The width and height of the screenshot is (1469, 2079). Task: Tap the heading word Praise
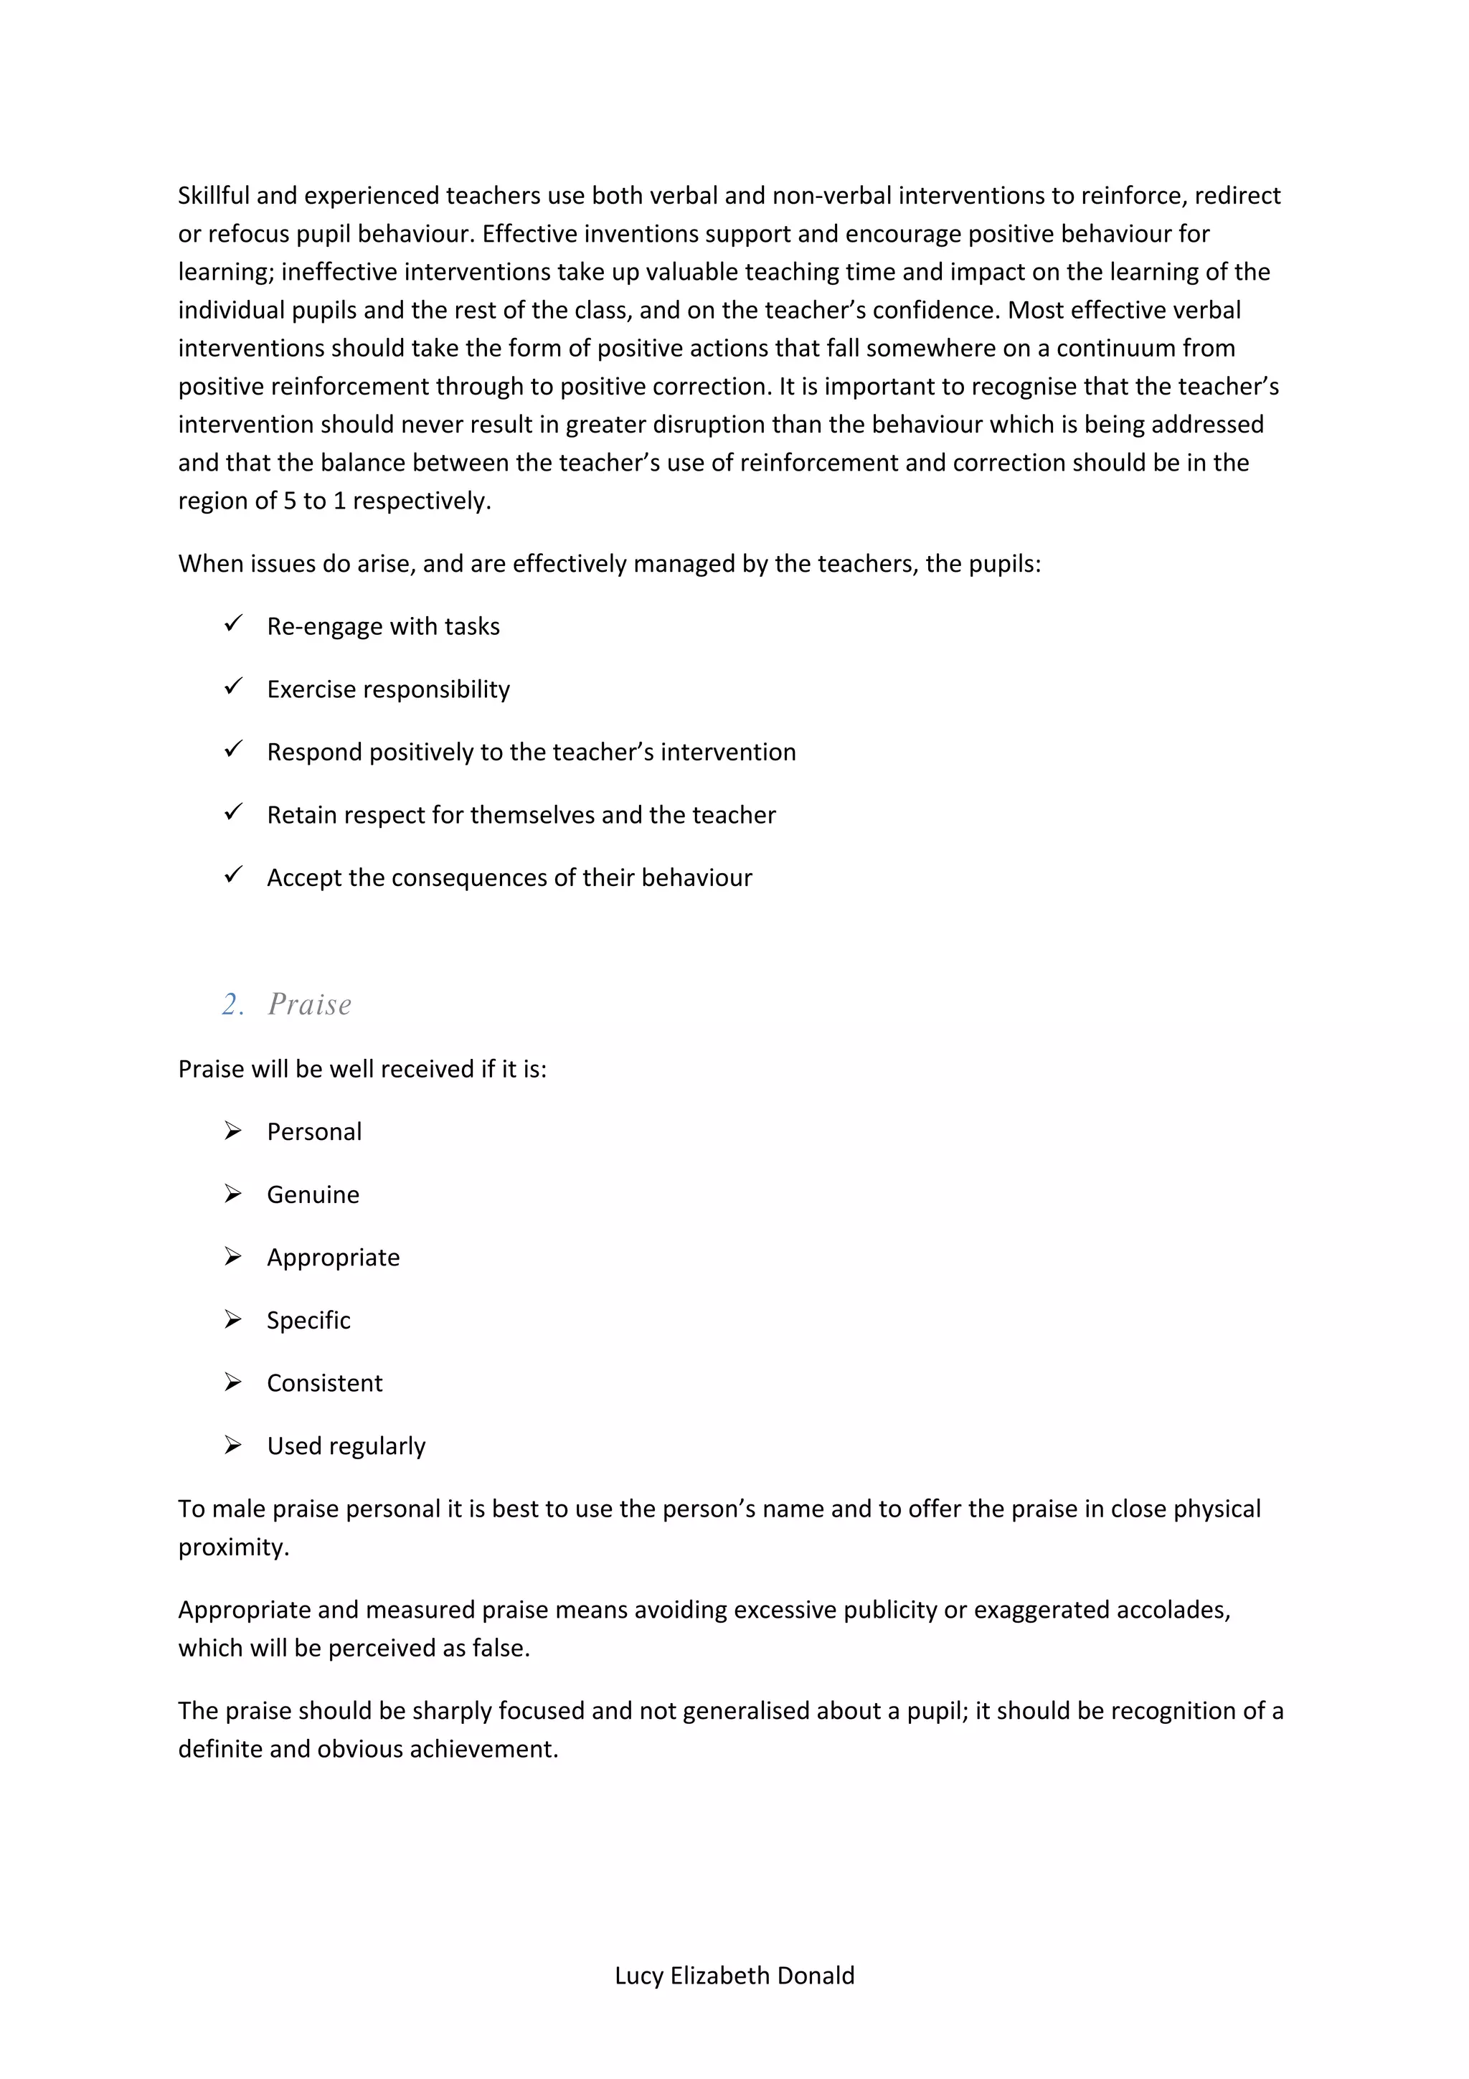pos(310,1004)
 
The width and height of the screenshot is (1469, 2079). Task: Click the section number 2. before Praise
pos(232,1004)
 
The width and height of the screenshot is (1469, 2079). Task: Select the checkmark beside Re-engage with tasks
pos(234,624)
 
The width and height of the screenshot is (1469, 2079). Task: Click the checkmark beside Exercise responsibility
pos(234,687)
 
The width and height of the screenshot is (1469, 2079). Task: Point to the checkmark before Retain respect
pos(234,812)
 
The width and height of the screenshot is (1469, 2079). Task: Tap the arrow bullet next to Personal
pos(234,1131)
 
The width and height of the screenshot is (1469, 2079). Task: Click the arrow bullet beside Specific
pos(234,1319)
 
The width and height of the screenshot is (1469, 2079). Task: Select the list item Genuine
pos(313,1194)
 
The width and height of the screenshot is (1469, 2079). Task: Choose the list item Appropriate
pos(333,1257)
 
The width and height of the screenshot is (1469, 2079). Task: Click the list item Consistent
pos(324,1382)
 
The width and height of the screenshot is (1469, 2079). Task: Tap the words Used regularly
pos(346,1446)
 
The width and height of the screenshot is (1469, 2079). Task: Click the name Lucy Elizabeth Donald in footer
pos(734,1975)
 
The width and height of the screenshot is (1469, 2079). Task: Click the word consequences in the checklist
pos(470,877)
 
